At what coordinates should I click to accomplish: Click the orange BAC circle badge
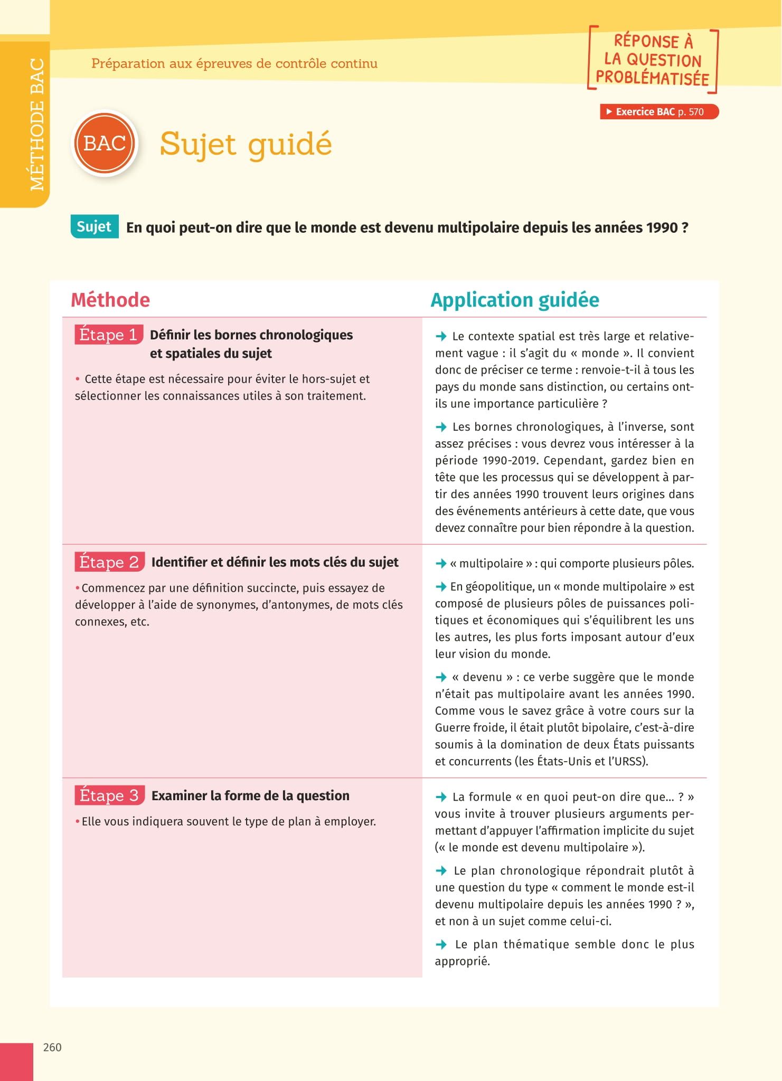point(105,143)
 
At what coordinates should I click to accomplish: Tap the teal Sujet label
point(94,227)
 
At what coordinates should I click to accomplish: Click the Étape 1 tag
point(109,335)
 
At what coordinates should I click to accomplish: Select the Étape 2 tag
point(109,562)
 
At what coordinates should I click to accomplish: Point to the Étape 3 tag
point(109,795)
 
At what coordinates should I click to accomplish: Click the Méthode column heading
point(110,300)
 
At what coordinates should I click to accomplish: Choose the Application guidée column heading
point(515,300)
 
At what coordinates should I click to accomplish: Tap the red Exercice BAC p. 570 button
point(659,112)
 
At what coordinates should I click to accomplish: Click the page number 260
point(52,1047)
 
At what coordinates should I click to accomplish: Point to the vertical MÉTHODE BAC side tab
point(37,125)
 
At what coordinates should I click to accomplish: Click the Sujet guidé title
point(246,144)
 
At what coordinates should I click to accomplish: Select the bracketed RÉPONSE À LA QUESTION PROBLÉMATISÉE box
point(653,60)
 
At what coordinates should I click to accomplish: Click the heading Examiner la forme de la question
point(250,795)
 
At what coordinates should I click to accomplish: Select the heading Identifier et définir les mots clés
point(275,562)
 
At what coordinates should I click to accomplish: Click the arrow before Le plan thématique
point(441,944)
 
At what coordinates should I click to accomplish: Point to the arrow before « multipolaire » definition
point(441,564)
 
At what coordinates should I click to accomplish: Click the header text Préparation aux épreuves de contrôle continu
point(234,63)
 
